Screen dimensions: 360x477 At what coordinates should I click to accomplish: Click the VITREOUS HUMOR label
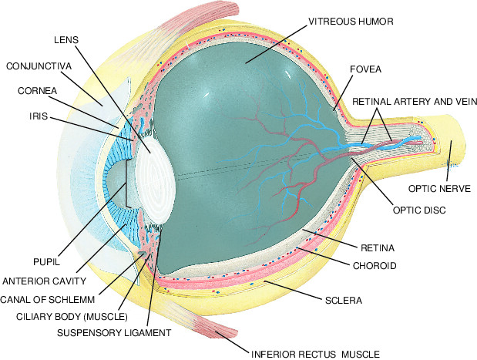point(350,22)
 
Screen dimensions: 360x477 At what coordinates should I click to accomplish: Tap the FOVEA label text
point(365,69)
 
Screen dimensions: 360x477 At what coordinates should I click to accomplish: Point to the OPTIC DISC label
point(420,209)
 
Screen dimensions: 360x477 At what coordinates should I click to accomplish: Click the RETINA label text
point(377,248)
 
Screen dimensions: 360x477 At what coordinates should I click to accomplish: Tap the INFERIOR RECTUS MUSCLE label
point(315,355)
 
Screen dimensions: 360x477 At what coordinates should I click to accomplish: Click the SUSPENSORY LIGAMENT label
point(113,332)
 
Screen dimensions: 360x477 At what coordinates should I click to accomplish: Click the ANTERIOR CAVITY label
point(46,281)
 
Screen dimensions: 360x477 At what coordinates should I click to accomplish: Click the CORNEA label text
point(36,91)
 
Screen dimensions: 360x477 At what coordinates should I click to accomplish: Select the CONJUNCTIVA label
point(39,66)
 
